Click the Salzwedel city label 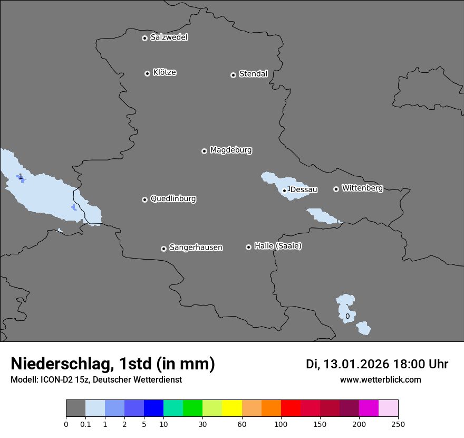(x=169, y=37)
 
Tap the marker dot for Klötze (x=147, y=73)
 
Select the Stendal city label (x=253, y=74)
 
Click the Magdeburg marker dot (x=204, y=151)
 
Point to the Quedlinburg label (x=173, y=199)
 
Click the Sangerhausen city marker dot (x=163, y=249)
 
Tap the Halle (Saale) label (x=278, y=246)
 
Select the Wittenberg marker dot (x=336, y=189)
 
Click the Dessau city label (x=304, y=189)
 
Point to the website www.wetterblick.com (x=380, y=379)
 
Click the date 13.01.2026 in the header (x=356, y=364)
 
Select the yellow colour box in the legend (x=232, y=408)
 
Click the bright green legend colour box (x=192, y=408)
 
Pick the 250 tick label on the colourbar (x=398, y=424)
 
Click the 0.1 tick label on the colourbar (x=85, y=424)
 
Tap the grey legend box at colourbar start (x=75, y=408)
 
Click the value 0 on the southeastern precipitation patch (x=347, y=317)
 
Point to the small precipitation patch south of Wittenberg (x=323, y=216)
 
